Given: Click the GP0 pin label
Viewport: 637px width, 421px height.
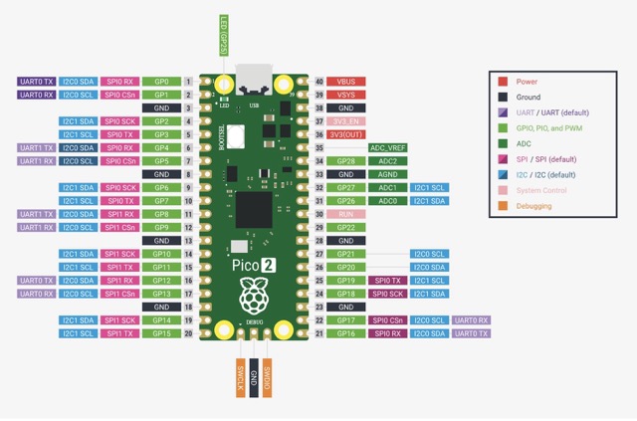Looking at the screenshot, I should [160, 81].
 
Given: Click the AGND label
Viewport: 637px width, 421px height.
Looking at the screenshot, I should [387, 174].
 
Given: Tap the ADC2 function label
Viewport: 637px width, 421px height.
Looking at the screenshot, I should [387, 160].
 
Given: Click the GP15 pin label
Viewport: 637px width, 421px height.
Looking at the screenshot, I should [160, 333].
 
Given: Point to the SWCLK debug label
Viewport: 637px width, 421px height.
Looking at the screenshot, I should [240, 378].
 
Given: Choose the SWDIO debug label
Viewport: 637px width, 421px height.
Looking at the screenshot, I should [269, 378].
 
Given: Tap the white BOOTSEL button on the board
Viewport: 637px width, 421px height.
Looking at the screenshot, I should [237, 135].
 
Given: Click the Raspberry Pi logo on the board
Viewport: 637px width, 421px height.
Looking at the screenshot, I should [255, 298].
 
